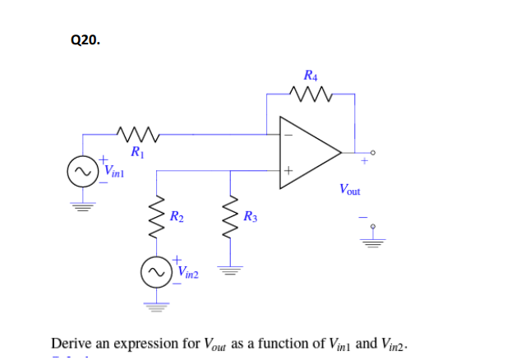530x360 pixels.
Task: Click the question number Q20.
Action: (85, 39)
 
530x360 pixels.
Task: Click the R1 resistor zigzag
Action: (134, 132)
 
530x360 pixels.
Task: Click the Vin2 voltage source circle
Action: (156, 271)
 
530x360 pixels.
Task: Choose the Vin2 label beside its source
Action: (188, 271)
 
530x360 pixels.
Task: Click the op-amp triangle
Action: (308, 151)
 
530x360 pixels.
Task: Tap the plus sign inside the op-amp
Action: (288, 170)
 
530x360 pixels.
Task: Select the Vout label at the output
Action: (349, 191)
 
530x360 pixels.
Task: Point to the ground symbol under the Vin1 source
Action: (81, 205)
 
